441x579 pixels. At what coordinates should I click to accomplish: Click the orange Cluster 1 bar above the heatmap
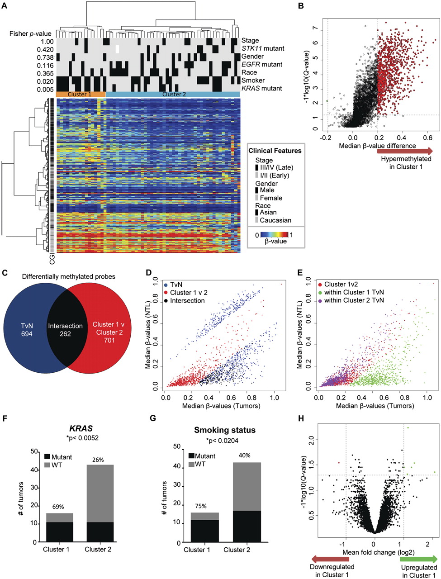(x=81, y=94)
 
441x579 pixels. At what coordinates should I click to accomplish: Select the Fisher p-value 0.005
(x=45, y=89)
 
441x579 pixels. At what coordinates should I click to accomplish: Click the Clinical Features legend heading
(x=275, y=151)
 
